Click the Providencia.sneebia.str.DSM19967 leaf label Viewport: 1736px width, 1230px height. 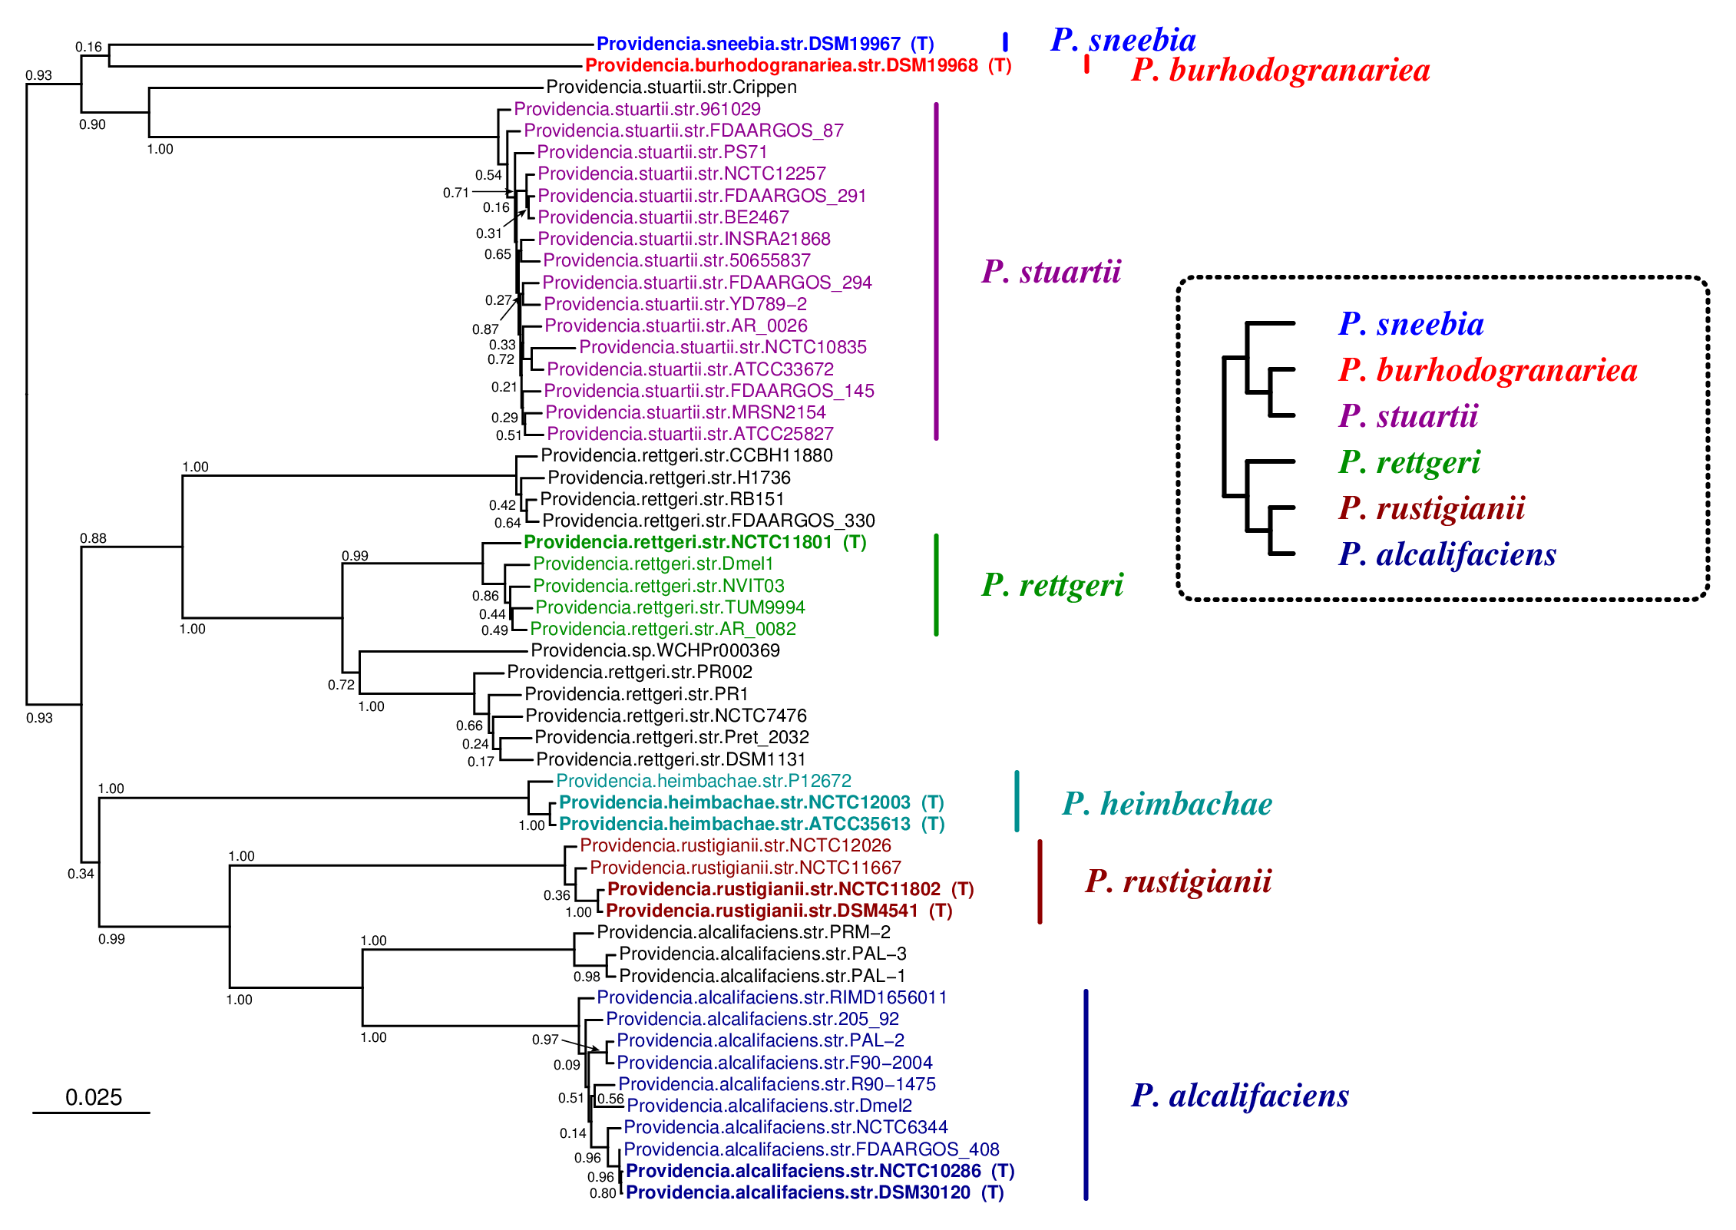tap(764, 44)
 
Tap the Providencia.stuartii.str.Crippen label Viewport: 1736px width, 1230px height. tap(671, 87)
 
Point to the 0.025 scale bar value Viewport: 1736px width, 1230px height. tap(94, 1097)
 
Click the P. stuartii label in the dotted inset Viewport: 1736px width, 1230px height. tap(1408, 416)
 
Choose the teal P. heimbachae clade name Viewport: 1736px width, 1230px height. tap(1167, 804)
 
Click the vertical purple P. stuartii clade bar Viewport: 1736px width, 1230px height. tap(936, 271)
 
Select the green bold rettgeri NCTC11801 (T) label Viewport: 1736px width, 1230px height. tap(694, 542)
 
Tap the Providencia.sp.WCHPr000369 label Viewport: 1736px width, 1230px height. tap(655, 650)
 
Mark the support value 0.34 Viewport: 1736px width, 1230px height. tap(81, 874)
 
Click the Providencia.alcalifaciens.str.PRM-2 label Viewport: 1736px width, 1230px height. tap(743, 932)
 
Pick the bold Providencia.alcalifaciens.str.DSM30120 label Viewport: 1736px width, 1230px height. tap(814, 1192)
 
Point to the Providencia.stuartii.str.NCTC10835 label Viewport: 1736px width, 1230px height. tap(723, 347)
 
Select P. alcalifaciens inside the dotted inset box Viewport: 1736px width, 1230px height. tap(1447, 554)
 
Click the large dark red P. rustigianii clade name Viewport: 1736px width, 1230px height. tap(1178, 881)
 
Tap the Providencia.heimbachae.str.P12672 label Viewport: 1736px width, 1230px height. tap(703, 781)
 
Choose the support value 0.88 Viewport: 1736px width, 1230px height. tap(93, 538)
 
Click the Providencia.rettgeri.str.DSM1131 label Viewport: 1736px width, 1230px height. tap(670, 759)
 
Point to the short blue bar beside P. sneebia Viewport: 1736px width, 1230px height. tap(1005, 42)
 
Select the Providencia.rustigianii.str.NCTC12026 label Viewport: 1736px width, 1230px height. tap(735, 845)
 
